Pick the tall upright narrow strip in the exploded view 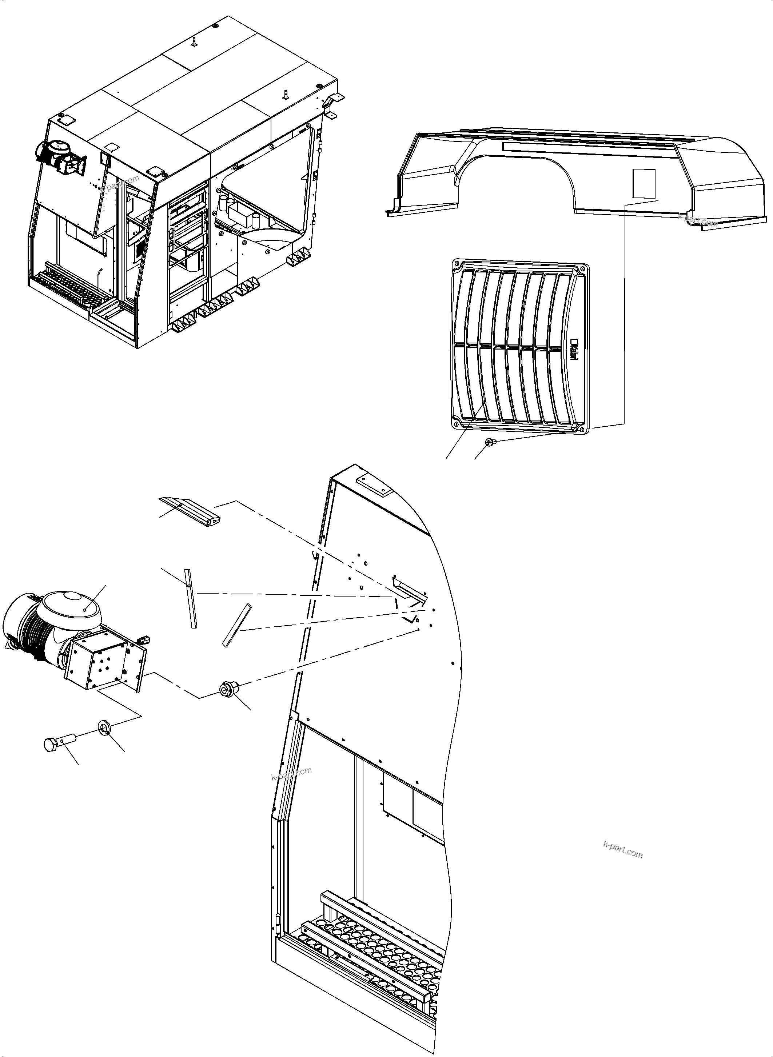(191, 598)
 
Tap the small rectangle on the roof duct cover (644, 183)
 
